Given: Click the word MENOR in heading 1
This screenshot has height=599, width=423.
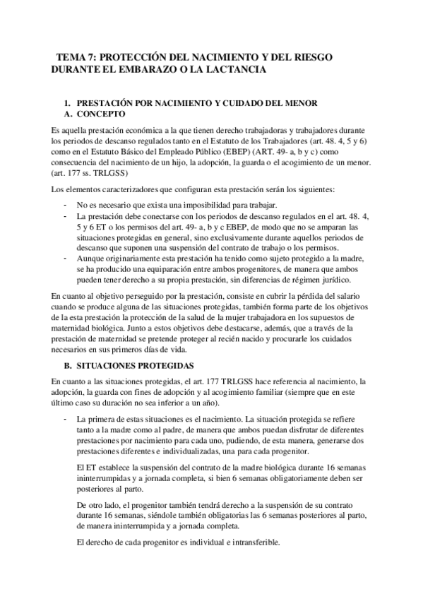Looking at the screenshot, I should click(303, 103).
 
